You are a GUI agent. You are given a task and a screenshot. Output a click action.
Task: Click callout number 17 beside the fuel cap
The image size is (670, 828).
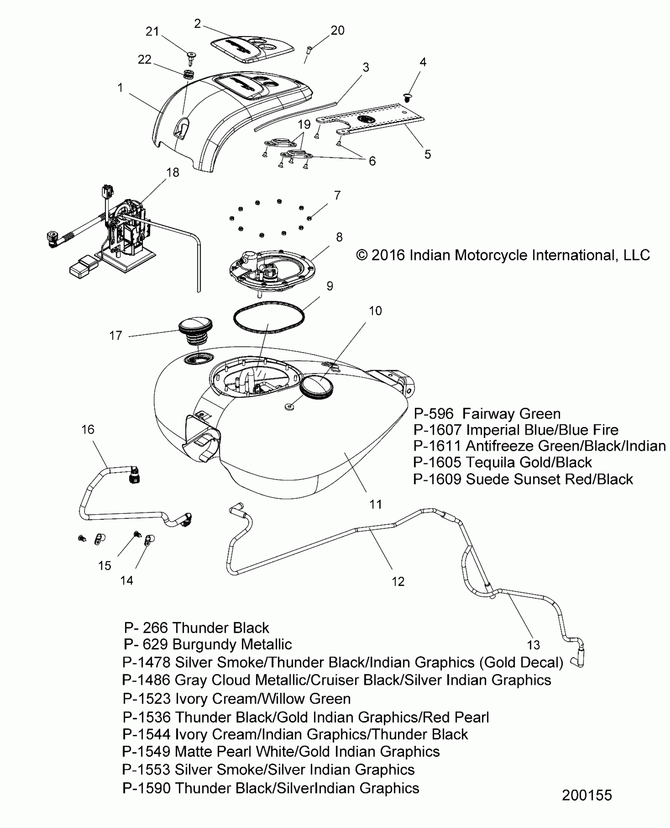[115, 336]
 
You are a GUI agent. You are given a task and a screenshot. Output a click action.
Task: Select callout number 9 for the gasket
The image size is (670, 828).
[330, 286]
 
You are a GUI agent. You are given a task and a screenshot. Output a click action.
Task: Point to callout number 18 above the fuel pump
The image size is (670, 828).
[173, 172]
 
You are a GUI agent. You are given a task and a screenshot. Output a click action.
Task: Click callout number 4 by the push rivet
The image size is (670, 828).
[423, 62]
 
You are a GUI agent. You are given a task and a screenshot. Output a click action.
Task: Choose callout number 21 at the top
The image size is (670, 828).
[152, 31]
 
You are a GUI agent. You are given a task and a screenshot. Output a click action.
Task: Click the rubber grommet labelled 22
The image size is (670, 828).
[189, 74]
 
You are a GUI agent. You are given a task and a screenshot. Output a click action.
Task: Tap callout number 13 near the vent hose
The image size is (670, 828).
[533, 645]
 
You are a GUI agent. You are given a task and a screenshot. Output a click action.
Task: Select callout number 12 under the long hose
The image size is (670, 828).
[398, 582]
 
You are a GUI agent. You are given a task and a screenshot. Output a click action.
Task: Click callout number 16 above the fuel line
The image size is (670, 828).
[88, 429]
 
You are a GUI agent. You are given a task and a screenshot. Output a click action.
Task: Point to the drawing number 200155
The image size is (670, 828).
[587, 795]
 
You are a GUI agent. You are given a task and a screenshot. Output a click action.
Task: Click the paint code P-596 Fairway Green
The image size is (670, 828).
[487, 414]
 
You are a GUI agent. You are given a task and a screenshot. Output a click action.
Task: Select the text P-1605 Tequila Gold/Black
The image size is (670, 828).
[502, 462]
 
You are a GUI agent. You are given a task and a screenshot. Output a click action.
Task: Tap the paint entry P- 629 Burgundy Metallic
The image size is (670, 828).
[208, 645]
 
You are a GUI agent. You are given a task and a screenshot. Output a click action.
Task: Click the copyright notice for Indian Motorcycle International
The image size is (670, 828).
[503, 255]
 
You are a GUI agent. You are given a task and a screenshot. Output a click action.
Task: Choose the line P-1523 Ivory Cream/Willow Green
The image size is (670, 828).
[236, 699]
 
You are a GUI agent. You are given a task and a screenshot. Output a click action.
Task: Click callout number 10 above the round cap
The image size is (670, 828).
[375, 311]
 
